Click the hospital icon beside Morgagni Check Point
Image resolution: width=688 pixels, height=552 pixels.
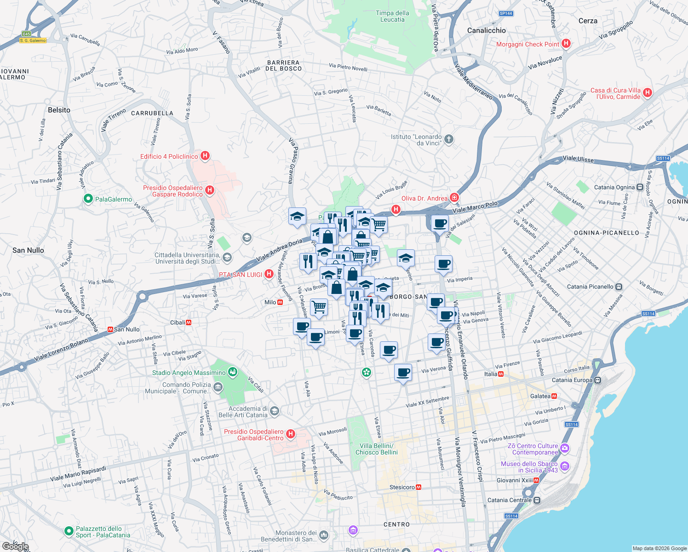(x=566, y=44)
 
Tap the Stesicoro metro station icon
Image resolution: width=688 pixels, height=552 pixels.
(x=419, y=487)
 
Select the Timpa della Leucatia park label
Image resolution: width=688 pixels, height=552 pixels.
(x=392, y=16)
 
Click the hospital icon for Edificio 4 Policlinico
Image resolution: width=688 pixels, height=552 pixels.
(x=205, y=156)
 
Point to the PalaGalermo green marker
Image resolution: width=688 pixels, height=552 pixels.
(x=88, y=199)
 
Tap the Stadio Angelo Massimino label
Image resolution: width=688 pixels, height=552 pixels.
(x=189, y=373)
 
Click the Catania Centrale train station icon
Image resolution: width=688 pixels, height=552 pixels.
(x=537, y=500)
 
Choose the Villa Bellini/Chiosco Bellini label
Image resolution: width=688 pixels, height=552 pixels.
(x=376, y=449)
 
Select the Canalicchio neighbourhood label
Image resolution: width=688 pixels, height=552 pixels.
(x=486, y=30)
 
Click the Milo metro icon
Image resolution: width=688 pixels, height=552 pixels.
(x=280, y=302)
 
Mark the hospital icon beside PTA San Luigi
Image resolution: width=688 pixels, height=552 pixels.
(x=269, y=274)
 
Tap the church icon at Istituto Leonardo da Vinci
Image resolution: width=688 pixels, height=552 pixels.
(x=449, y=139)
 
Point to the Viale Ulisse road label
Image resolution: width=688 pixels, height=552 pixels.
(x=578, y=159)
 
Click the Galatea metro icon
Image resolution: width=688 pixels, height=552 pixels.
(x=554, y=396)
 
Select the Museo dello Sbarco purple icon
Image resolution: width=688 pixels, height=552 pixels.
(x=565, y=466)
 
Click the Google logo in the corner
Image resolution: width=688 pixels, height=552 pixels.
(x=15, y=546)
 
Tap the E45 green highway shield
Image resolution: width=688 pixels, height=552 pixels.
(x=26, y=34)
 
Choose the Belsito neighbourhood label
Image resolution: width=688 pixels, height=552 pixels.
(x=59, y=110)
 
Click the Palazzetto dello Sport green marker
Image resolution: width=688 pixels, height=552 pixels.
(x=69, y=531)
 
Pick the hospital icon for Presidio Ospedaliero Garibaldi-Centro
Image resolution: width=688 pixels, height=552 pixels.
(x=290, y=434)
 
